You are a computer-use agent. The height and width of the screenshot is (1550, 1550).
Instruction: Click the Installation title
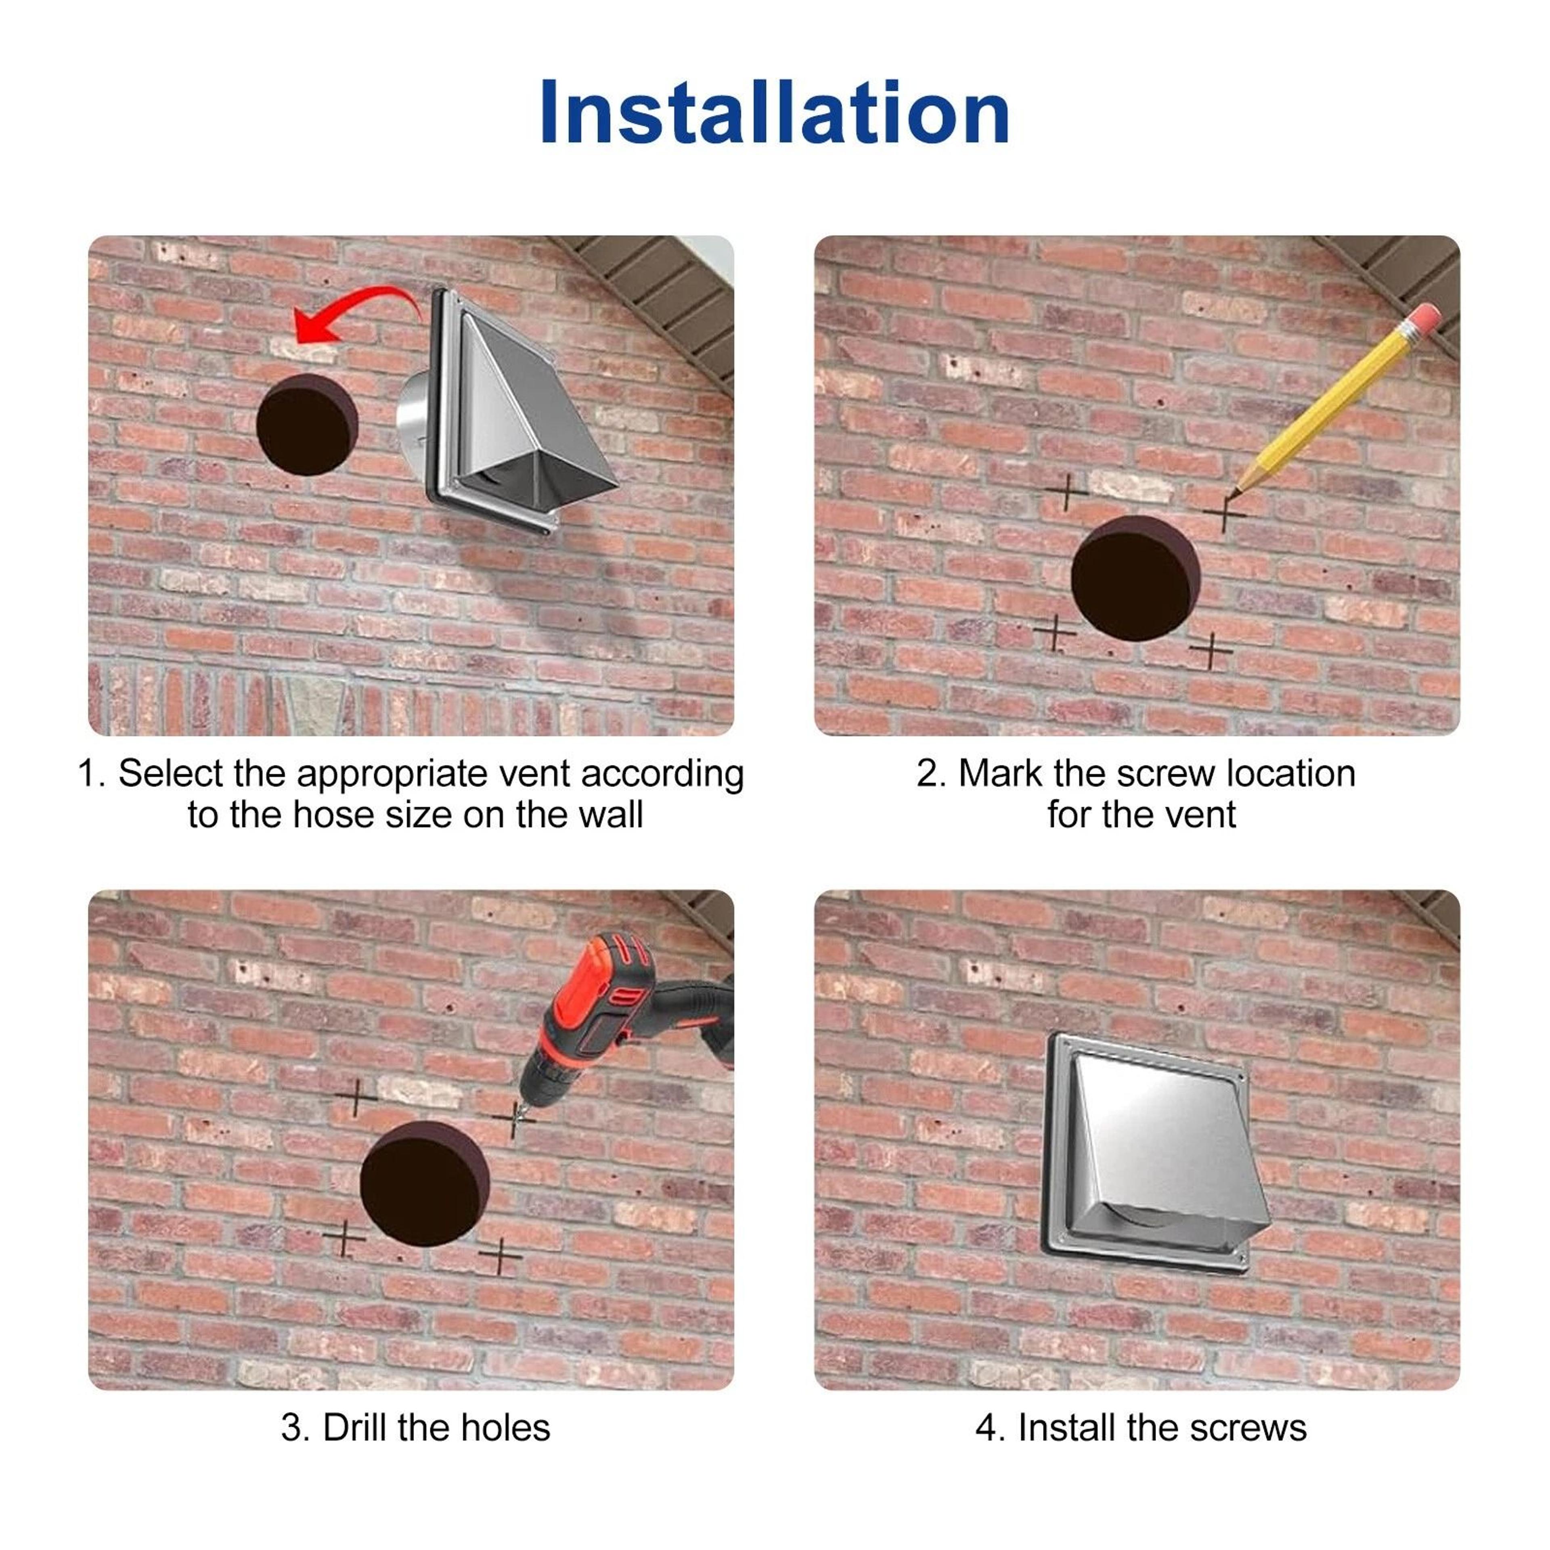[775, 112]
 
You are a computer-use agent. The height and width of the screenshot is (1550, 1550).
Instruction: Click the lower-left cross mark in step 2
[1054, 632]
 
